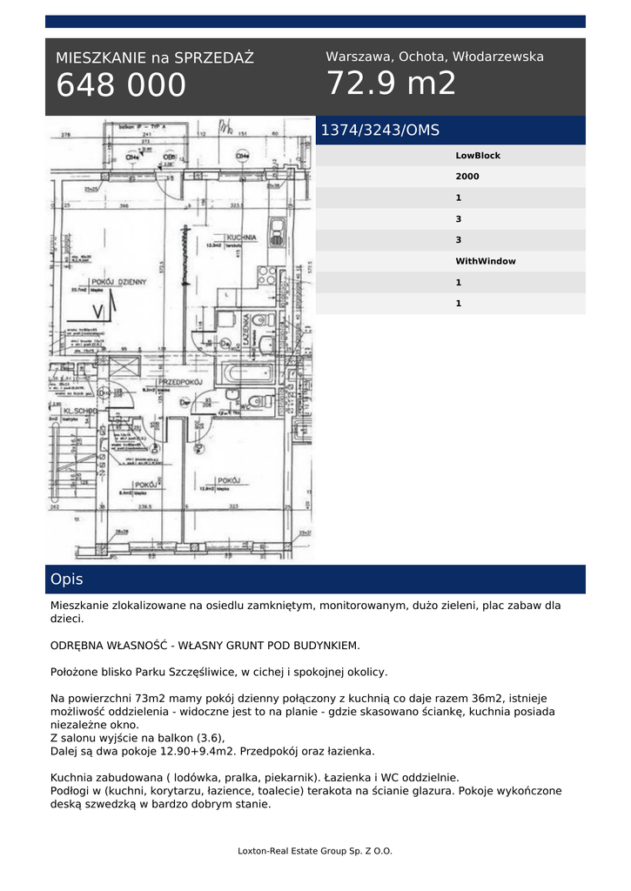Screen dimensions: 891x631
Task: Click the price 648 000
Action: pyautogui.click(x=121, y=85)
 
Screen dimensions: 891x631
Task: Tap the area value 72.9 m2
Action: pyautogui.click(x=391, y=84)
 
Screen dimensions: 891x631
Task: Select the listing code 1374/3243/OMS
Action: pyautogui.click(x=380, y=131)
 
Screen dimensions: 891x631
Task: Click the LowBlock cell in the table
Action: pyautogui.click(x=478, y=156)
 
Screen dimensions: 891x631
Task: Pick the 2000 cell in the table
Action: pyautogui.click(x=467, y=177)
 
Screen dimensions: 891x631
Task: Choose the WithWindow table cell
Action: pyautogui.click(x=486, y=261)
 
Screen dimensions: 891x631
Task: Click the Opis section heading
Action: pyautogui.click(x=67, y=579)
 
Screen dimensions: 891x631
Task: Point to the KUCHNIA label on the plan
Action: pyautogui.click(x=239, y=238)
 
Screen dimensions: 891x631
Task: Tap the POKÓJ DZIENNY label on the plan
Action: pyautogui.click(x=119, y=282)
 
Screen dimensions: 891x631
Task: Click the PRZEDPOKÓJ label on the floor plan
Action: pyautogui.click(x=180, y=383)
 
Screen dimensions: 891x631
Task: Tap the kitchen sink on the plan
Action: pyautogui.click(x=277, y=231)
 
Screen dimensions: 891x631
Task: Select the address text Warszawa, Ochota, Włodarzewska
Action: pyautogui.click(x=434, y=57)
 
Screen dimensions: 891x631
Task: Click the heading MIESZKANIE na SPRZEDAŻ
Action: pyautogui.click(x=155, y=58)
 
